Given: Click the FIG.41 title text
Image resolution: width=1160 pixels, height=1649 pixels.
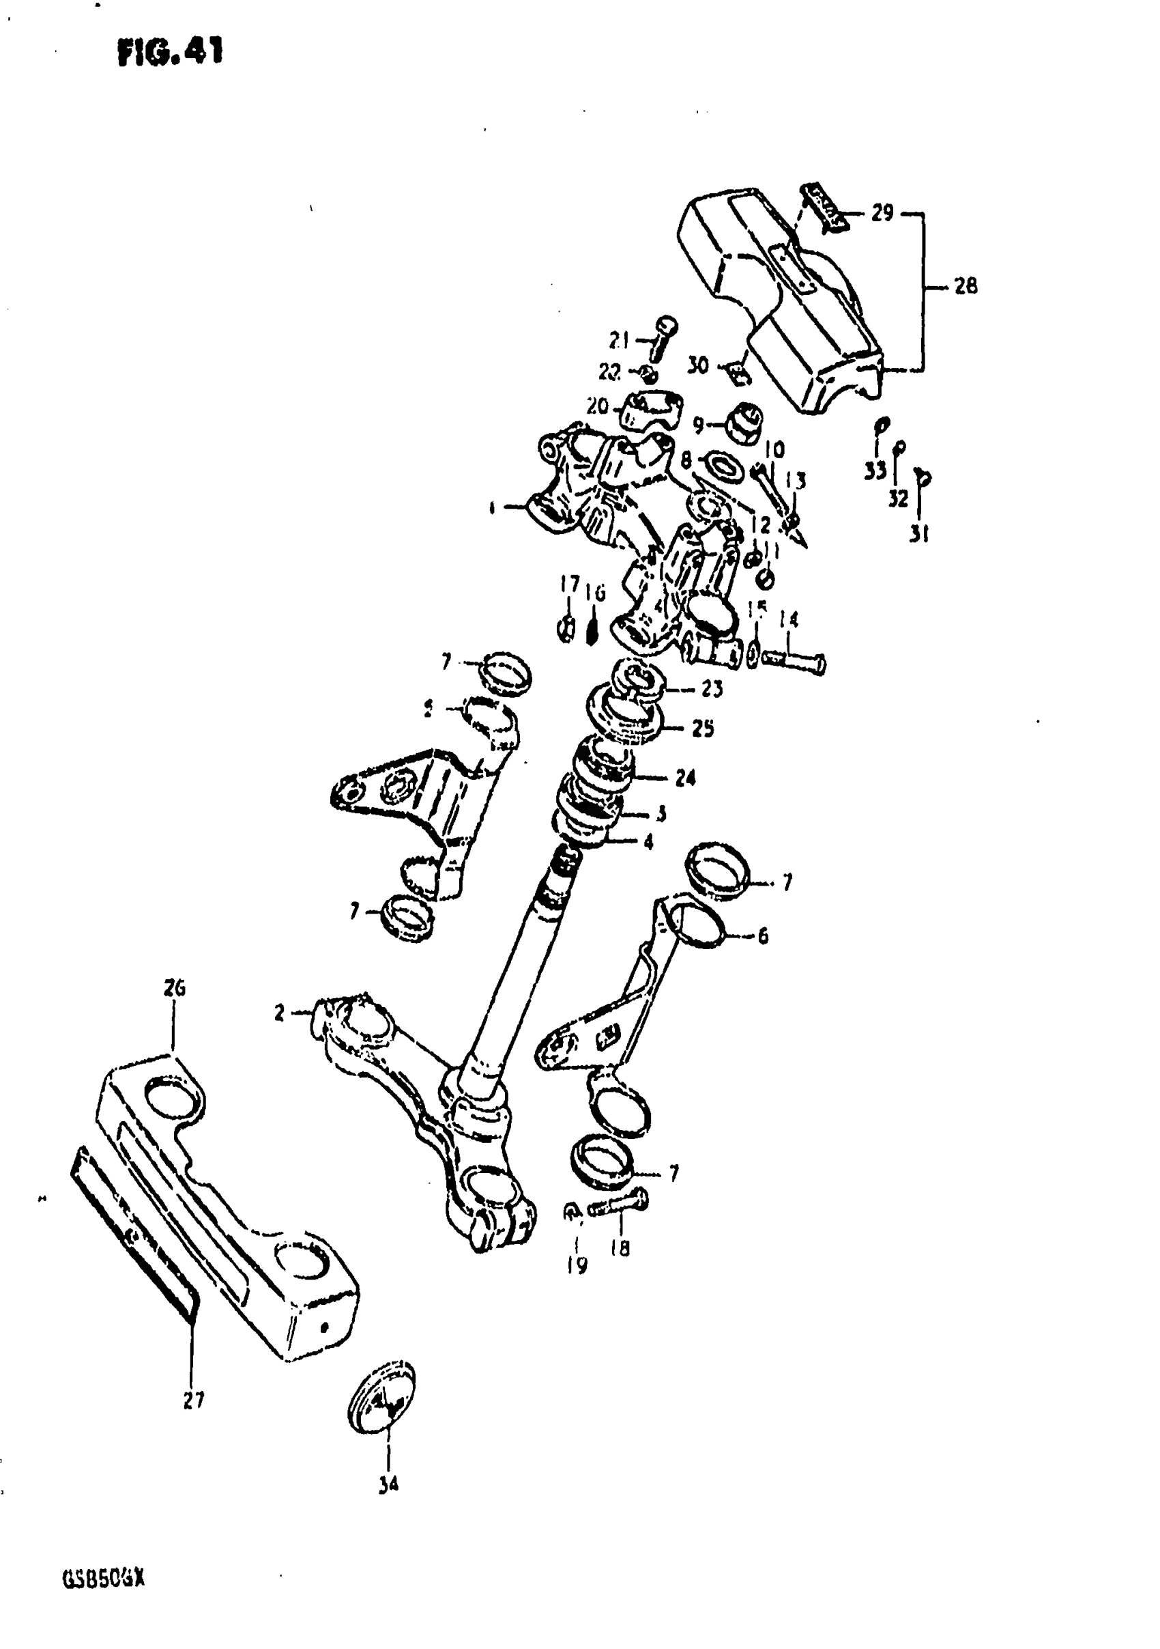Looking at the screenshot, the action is (170, 52).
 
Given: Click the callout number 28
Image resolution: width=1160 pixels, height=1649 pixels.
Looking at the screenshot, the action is (966, 287).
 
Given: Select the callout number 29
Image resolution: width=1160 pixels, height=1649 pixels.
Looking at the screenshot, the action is (882, 213).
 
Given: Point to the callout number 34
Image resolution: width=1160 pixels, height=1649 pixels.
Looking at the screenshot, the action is (388, 1484).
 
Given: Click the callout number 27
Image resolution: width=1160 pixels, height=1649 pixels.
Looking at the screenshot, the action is (193, 1399).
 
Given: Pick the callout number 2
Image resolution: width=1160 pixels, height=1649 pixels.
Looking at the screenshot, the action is (279, 1013).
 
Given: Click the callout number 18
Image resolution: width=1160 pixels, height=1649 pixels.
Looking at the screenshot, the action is (620, 1248).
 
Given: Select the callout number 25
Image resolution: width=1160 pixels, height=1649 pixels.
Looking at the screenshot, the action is (703, 729).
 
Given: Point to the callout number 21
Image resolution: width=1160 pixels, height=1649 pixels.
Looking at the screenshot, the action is (619, 339).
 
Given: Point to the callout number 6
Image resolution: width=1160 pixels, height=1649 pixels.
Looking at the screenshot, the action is (762, 936).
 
